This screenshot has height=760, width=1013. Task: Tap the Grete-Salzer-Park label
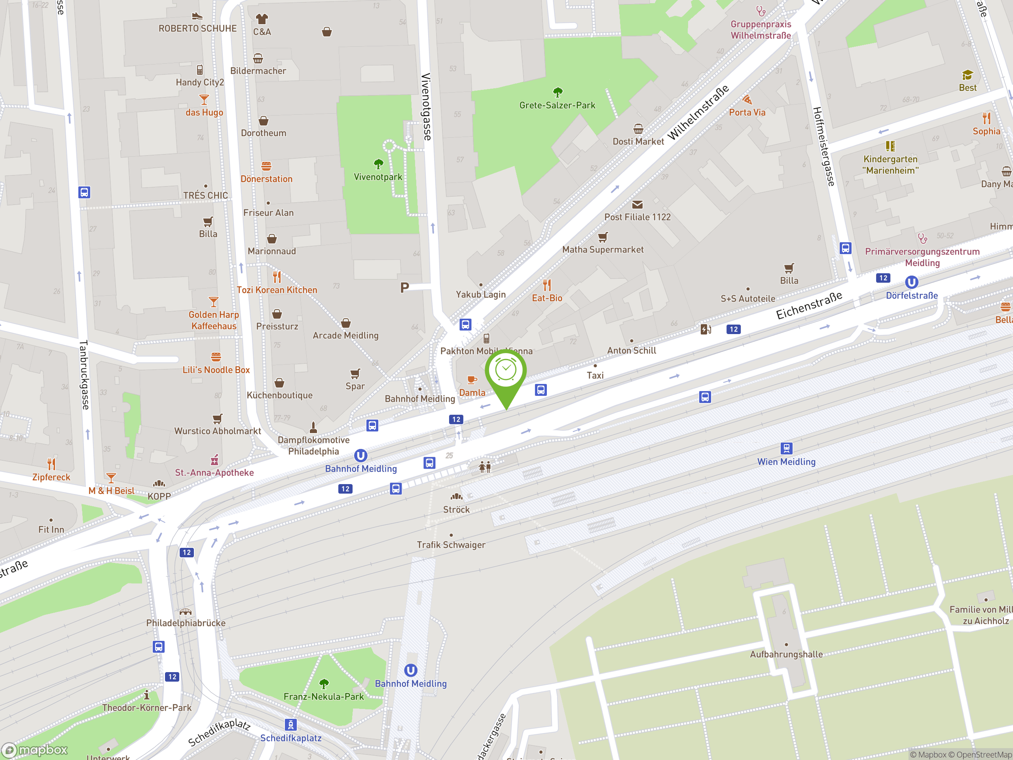557,105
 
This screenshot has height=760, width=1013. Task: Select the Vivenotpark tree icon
378,164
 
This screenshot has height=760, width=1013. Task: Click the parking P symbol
404,288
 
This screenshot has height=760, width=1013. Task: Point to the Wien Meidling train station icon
786,448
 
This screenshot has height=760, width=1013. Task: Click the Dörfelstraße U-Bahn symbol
911,282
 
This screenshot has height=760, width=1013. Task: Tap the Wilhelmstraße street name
698,113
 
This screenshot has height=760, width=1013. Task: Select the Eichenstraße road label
809,305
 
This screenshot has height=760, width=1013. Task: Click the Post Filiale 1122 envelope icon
637,204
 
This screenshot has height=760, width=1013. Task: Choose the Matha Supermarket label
603,250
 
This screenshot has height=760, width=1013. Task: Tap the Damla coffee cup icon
472,380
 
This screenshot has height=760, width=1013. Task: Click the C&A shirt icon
262,19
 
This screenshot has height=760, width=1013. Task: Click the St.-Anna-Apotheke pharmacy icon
214,460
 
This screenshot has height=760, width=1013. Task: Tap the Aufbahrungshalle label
786,655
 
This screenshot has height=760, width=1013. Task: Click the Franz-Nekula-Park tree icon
324,684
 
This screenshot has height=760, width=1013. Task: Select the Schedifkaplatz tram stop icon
290,725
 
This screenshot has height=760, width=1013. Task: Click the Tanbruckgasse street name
84,374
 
